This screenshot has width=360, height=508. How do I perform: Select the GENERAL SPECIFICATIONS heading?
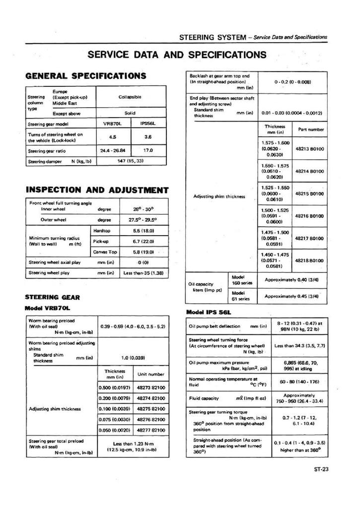pos(85,76)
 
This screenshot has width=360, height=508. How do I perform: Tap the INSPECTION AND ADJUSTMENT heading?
pos(96,190)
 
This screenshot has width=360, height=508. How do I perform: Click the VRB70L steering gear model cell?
pos(112,124)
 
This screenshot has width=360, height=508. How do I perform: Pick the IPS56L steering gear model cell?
pos(147,124)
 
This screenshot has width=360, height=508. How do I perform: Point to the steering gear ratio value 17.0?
pos(147,150)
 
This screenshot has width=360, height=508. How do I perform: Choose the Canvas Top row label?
pos(105,252)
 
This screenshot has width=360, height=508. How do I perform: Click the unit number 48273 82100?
pos(151,387)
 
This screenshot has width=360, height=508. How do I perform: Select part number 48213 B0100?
pos(309,148)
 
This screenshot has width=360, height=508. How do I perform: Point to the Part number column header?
pos(311,129)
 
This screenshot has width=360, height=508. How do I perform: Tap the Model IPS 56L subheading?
pos(209,312)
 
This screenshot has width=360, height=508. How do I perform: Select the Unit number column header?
pos(151,374)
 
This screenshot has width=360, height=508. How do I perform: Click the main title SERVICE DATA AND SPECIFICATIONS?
pos(177,54)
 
